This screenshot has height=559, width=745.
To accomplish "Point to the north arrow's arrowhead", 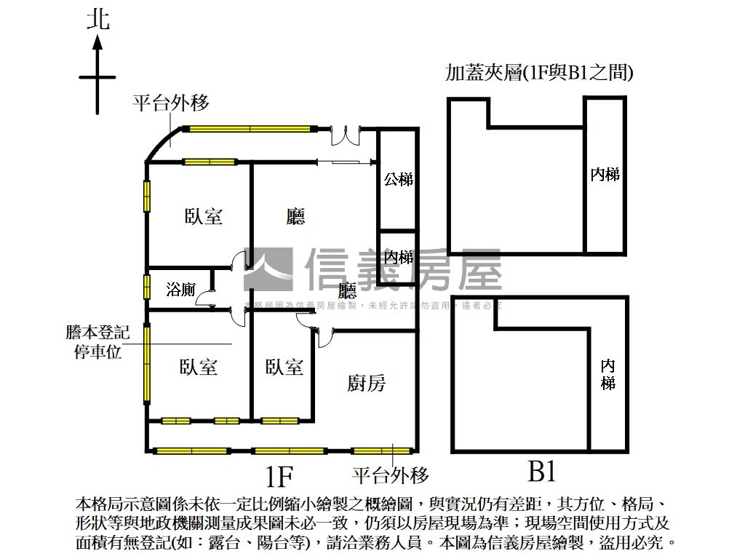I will (97, 41).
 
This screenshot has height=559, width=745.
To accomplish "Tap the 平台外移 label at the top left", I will (170, 103).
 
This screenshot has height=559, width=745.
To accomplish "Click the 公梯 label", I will (399, 178).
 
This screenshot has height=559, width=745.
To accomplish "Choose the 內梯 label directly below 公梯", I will (399, 257).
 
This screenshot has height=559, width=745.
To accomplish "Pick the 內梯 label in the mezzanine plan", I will (605, 174).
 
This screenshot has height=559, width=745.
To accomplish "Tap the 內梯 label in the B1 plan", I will (608, 374).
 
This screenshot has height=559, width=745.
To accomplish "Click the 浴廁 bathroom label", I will (180, 290).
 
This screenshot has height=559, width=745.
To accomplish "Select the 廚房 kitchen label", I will (367, 383).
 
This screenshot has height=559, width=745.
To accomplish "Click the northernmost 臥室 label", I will (204, 216).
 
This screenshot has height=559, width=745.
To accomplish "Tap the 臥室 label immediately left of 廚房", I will (284, 367).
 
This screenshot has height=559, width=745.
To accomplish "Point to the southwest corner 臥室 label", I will (199, 367).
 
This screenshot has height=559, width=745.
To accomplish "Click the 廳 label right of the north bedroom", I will (295, 216).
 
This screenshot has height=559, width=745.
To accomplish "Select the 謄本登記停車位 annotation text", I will (97, 343).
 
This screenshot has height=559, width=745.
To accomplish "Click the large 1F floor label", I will (279, 477).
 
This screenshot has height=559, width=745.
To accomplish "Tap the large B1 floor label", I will (542, 472).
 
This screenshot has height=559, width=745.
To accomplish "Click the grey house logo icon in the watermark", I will (268, 269).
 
